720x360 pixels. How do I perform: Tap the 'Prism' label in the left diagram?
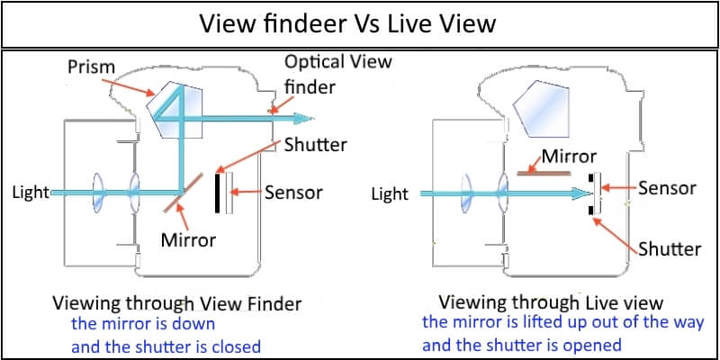pos(90,67)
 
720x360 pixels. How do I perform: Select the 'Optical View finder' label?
pos(337,73)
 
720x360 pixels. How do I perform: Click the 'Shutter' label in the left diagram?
pos(315,145)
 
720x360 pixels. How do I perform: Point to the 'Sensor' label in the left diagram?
pos(293,192)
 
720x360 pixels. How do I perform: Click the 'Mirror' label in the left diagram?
pos(188,240)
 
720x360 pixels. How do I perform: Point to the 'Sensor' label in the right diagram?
pos(667,188)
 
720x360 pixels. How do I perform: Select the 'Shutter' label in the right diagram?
pos(669,248)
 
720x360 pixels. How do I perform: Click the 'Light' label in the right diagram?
pos(390,193)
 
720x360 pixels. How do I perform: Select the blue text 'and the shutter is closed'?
pos(166,346)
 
